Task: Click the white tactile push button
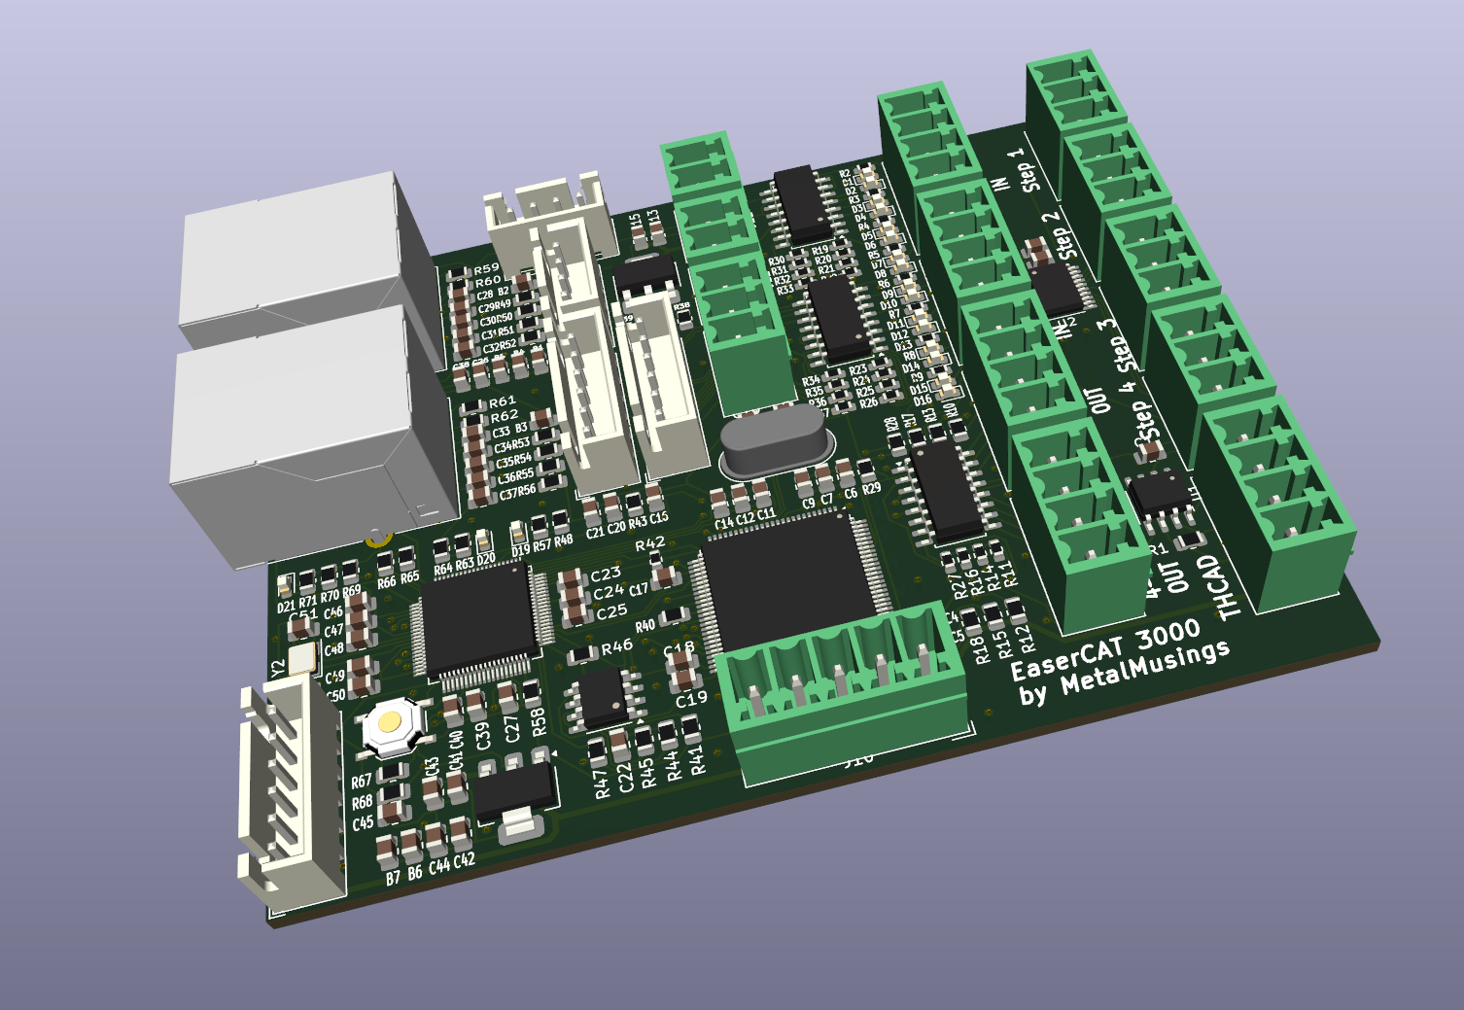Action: tap(391, 723)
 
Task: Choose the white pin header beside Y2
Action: tap(292, 787)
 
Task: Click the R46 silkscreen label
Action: tap(616, 646)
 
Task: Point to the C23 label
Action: tap(606, 575)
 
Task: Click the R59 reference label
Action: tap(486, 268)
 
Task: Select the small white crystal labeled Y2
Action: tap(301, 658)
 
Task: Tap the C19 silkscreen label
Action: tap(690, 699)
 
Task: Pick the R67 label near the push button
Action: tap(361, 782)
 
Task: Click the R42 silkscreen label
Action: tap(649, 543)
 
